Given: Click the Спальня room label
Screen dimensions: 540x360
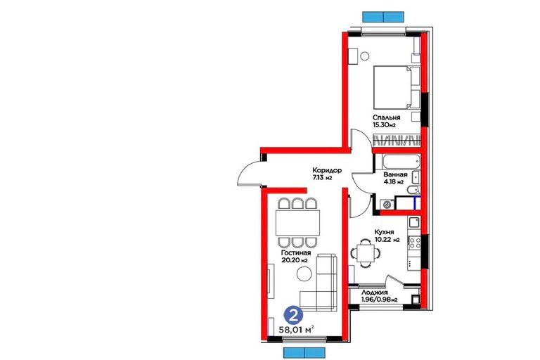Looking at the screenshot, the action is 387,117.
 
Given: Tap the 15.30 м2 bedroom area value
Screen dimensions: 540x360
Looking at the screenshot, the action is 384,125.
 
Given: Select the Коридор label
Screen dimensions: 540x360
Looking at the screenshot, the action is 327,170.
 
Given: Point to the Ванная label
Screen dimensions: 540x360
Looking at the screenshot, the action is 395,174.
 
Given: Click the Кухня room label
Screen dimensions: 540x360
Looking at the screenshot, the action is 384,232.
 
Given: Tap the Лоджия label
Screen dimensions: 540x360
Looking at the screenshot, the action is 375,292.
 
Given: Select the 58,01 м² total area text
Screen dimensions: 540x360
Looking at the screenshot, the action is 296,330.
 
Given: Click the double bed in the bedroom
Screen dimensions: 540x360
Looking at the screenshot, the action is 397,87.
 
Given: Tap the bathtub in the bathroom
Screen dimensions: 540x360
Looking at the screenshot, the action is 401,162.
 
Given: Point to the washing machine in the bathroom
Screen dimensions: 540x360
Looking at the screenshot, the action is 387,205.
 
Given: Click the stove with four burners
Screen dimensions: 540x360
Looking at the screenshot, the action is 414,243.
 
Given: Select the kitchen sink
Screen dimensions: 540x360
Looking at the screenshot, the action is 414,222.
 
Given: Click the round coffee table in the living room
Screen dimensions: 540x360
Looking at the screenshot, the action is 304,274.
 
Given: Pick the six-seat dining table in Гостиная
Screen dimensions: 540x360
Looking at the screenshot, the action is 297,223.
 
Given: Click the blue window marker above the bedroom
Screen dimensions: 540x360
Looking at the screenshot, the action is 383,17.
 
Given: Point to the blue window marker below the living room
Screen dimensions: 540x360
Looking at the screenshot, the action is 304,352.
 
